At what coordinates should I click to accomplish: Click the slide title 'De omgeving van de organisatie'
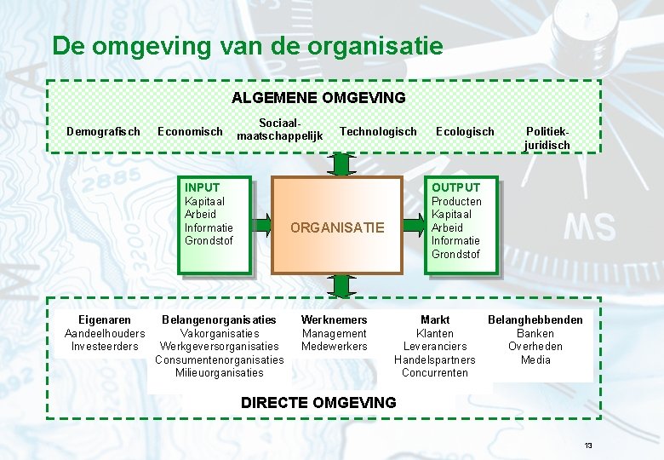pos(248,45)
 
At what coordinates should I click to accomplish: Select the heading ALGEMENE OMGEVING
pos(318,98)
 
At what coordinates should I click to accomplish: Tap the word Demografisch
pos(104,131)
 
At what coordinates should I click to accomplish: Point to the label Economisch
pos(190,131)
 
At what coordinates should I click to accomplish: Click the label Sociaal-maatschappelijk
pos(280,129)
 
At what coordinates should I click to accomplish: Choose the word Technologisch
pos(378,131)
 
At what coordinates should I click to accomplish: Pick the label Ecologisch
pos(465,131)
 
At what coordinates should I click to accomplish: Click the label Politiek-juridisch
pos(547,138)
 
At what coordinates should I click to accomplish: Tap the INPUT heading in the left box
pos(202,187)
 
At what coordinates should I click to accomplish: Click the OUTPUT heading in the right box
pos(455,187)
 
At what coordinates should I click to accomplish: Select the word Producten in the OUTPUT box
pos(456,201)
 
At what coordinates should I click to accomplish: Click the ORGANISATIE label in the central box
pos(337,227)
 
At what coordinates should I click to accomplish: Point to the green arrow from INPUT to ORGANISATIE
pos(260,225)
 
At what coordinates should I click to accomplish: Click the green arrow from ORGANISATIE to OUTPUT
pos(414,225)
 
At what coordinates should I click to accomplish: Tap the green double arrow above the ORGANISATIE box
pos(341,164)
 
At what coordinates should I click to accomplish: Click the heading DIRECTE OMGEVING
pos(318,402)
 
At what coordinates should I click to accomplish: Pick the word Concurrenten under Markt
pos(434,372)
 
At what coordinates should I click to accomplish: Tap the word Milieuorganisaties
pos(220,372)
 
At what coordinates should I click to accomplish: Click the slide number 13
pos(587,446)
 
